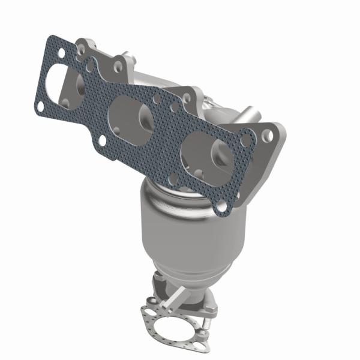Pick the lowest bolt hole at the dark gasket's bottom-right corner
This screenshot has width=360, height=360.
tap(222, 206)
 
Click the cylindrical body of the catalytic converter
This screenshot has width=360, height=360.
tap(180, 222)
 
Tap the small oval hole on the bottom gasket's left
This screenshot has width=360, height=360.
tap(146, 311)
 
